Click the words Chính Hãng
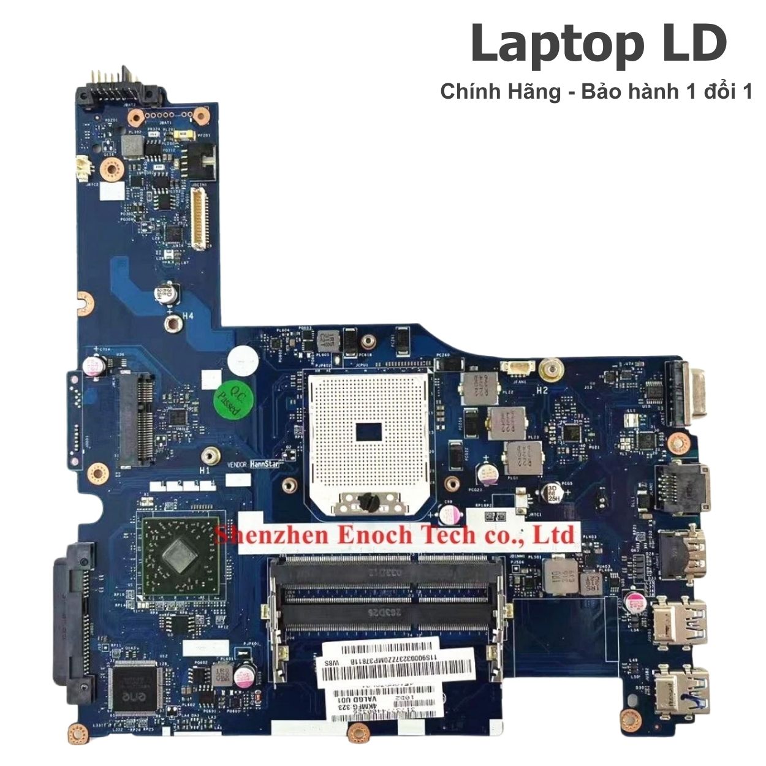500,92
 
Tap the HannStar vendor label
264,464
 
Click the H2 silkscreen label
542,390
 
